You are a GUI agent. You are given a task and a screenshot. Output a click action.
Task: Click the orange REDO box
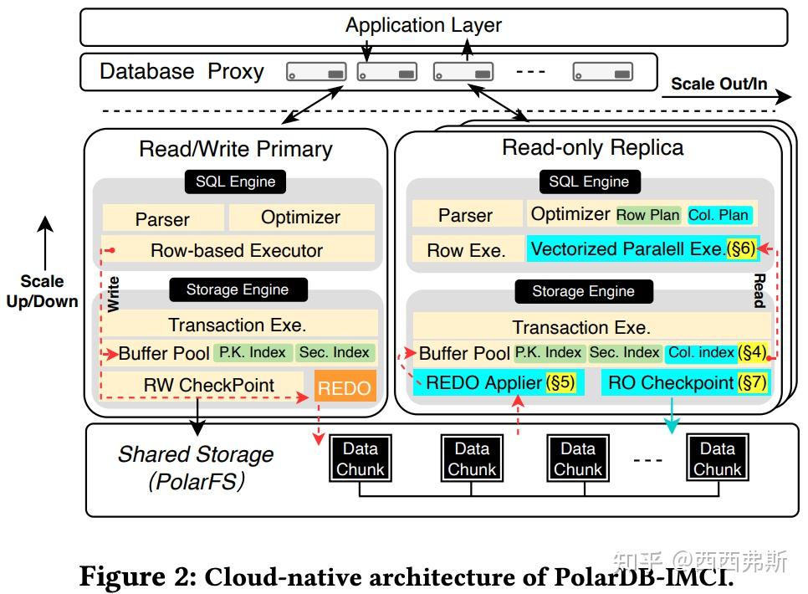344,388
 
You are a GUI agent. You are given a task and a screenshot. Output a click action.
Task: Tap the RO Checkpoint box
684,383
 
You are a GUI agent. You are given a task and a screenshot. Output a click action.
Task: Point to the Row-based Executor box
238,250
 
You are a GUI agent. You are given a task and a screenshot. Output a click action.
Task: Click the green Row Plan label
648,215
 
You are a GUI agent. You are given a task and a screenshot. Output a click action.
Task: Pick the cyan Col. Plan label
719,215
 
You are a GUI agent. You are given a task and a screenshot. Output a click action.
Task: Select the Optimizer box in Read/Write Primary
301,218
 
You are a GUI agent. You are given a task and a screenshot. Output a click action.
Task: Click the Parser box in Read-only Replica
466,215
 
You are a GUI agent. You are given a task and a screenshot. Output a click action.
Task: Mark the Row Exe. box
466,250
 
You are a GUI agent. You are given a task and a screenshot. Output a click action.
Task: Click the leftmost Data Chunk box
360,459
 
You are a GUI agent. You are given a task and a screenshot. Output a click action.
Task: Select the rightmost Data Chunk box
717,459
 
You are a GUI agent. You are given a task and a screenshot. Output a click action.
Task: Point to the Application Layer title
423,25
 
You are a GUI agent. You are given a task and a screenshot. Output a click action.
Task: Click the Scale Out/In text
719,84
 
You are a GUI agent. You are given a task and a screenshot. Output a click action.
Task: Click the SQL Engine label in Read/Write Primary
235,182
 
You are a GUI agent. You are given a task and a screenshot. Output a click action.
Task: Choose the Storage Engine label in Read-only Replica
583,291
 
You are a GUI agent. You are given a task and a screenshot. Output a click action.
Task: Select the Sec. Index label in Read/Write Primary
335,353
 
